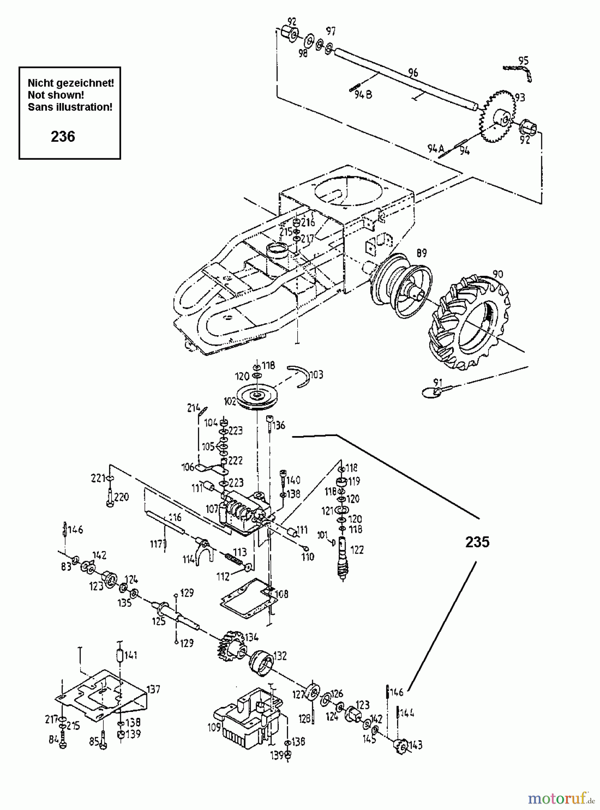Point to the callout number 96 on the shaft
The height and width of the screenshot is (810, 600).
413,72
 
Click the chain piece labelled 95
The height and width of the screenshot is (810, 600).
518,70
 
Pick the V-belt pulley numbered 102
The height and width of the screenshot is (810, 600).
257,396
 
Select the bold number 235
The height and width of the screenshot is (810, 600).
477,542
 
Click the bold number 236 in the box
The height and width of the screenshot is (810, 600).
63,136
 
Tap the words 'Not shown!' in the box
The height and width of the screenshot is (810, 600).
56,95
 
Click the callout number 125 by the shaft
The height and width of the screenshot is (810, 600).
159,621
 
